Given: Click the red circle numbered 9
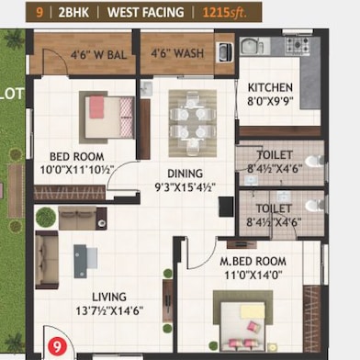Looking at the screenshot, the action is pyautogui.click(x=57, y=346).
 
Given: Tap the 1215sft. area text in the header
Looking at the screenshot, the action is pyautogui.click(x=224, y=13).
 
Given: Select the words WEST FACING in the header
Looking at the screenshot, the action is pyautogui.click(x=146, y=13).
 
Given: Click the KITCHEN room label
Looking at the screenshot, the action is pyautogui.click(x=270, y=87).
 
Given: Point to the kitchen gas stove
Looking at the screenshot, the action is pyautogui.click(x=297, y=45).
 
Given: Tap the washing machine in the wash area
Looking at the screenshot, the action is pyautogui.click(x=224, y=52).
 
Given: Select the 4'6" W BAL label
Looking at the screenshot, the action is pyautogui.click(x=98, y=55).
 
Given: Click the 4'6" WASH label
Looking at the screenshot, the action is pyautogui.click(x=177, y=53).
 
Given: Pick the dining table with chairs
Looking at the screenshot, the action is pyautogui.click(x=193, y=123).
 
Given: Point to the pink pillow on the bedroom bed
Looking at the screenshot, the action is pyautogui.click(x=96, y=107).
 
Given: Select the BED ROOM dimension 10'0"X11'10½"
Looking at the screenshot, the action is pyautogui.click(x=77, y=170).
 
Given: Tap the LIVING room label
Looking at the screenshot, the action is pyautogui.click(x=109, y=297).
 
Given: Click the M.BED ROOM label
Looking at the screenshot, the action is pyautogui.click(x=253, y=262).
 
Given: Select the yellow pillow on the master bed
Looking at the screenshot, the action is pyautogui.click(x=253, y=311).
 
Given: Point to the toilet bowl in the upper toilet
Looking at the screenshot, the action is pyautogui.click(x=315, y=161).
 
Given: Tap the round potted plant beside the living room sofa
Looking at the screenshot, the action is pyautogui.click(x=46, y=217).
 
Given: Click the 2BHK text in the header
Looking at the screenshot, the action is pyautogui.click(x=73, y=13).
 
